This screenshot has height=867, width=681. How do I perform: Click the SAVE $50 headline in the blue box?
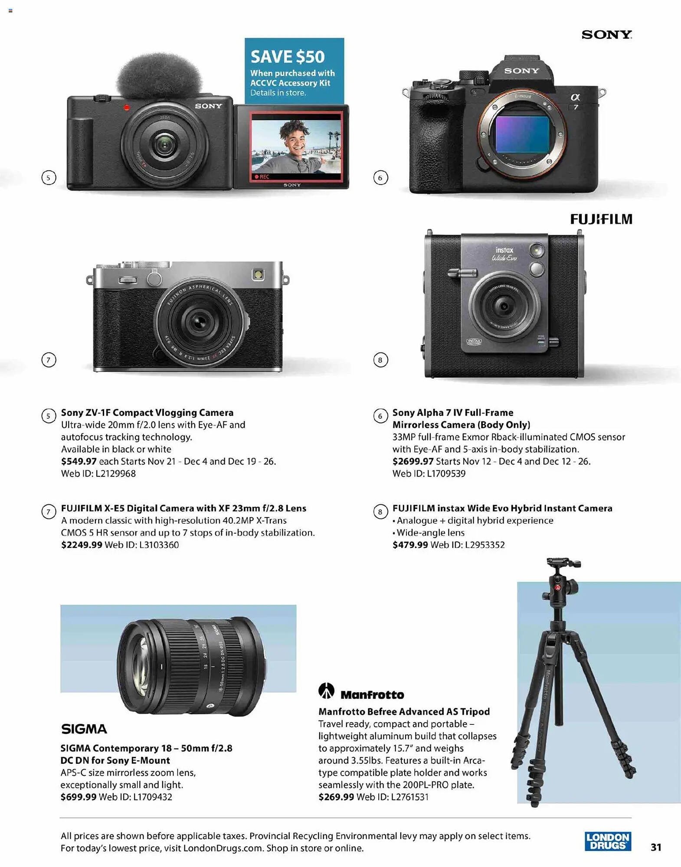coord(288,57)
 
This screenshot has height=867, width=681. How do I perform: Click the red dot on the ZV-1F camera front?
coord(127,108)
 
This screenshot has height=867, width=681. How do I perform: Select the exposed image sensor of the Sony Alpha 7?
coord(522,134)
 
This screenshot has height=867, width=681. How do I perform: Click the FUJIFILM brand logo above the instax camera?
coord(601,219)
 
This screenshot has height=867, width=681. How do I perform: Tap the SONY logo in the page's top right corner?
coord(606,35)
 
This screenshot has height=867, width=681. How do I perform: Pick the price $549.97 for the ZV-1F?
coord(79,461)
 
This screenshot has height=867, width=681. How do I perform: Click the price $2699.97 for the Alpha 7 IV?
coord(413,461)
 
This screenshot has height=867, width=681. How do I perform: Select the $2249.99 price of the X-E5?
coord(82,544)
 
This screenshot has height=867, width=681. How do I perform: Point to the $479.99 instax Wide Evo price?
coord(410,544)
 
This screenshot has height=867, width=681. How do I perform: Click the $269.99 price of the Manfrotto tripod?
coord(336,797)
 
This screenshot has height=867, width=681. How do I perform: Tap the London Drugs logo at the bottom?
coord(608,841)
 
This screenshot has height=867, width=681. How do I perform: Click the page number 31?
coord(656,847)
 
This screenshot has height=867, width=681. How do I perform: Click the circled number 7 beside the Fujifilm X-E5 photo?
coord(49,360)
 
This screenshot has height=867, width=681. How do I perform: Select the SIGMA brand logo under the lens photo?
coord(84,729)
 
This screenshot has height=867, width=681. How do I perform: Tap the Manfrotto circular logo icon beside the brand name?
coord(326,691)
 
